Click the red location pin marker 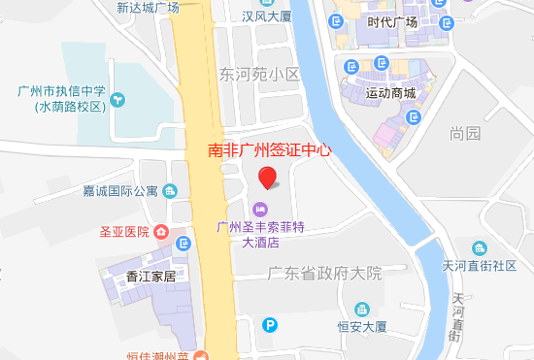(269, 177)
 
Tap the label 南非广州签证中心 (270, 150)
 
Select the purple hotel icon (260, 210)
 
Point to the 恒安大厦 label (362, 327)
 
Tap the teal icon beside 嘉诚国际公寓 (171, 190)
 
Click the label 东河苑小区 (259, 74)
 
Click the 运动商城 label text (391, 94)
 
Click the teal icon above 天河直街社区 (479, 247)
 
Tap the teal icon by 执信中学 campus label (117, 99)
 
